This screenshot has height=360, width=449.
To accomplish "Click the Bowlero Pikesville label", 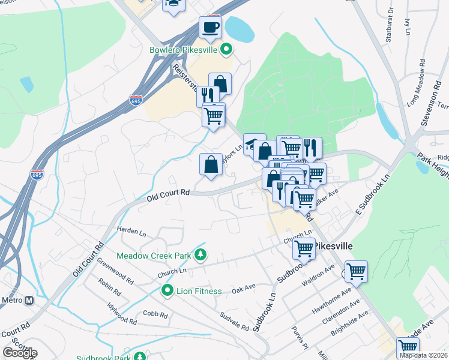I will (x=182, y=49).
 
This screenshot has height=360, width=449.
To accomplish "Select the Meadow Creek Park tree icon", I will (x=200, y=256).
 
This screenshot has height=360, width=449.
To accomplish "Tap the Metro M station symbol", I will (x=29, y=300).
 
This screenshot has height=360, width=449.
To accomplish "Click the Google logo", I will (x=19, y=352).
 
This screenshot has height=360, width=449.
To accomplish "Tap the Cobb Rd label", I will (x=154, y=314).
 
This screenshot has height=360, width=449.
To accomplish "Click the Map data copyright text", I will (x=423, y=355).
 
